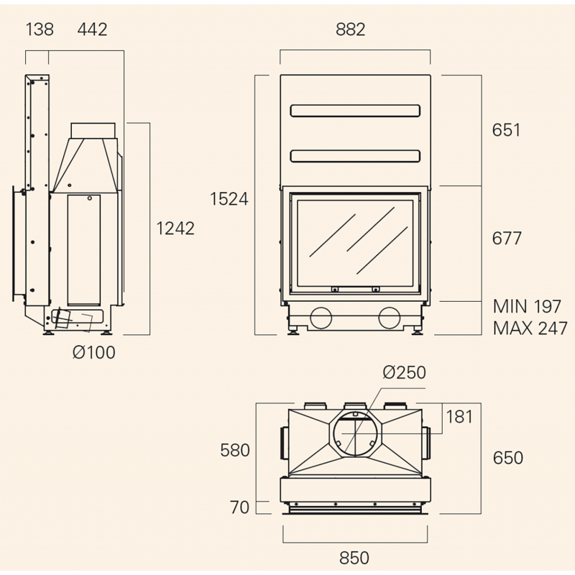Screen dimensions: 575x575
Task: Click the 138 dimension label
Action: [40, 29]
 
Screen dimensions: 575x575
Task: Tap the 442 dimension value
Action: [92, 29]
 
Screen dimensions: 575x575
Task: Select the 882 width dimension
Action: [351, 29]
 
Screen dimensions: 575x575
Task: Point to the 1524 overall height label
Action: [229, 199]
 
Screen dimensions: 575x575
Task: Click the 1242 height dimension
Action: [175, 229]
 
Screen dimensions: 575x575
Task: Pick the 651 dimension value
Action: [506, 130]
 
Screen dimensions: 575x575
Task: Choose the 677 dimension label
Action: [507, 239]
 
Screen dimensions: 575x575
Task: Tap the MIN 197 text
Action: [527, 307]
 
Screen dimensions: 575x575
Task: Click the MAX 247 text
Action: [530, 328]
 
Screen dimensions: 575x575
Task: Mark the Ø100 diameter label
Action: [94, 352]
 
